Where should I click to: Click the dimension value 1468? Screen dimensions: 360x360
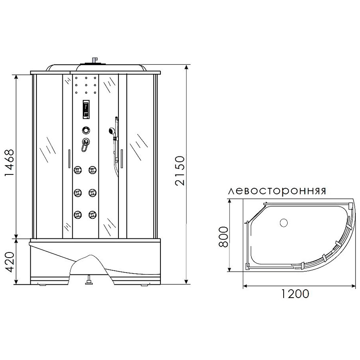10,163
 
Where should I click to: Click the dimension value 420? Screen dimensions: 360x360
10,262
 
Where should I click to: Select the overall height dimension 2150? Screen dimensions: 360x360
180,170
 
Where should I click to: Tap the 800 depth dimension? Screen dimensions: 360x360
223,237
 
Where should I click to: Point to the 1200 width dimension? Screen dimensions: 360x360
295,294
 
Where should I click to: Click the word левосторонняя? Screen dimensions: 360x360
277,191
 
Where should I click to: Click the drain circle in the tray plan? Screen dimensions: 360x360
284,222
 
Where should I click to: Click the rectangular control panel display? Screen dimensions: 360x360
86,110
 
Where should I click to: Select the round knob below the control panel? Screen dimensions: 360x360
86,130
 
